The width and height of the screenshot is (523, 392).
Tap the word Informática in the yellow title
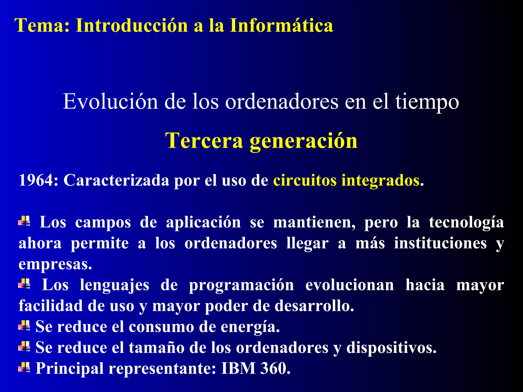point(281,26)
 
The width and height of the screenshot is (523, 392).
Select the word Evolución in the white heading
point(110,102)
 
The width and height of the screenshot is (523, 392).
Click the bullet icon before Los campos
point(25,221)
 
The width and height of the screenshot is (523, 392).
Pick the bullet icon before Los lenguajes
point(25,284)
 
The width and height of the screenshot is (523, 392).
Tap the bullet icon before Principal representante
point(25,367)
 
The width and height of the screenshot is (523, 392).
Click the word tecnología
point(466,223)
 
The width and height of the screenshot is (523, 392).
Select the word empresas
point(55,264)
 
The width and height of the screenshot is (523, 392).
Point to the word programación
point(241,285)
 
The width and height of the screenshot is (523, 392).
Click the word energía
point(250,327)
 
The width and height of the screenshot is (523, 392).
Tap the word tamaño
point(156,348)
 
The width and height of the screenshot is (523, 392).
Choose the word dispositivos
point(391,348)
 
